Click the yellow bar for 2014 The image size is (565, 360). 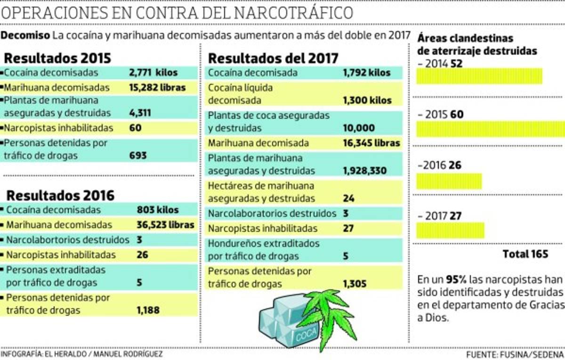479,76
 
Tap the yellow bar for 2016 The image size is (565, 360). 449,181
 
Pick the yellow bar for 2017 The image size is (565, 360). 450,230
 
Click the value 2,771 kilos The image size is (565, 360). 153,73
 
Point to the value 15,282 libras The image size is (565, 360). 157,88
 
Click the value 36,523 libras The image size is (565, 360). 165,225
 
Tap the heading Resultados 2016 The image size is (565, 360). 60,195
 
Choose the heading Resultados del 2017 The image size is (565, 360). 273,58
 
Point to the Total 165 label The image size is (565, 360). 525,254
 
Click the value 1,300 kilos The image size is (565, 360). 367,100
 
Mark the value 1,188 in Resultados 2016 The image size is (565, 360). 148,310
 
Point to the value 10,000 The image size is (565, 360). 359,128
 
